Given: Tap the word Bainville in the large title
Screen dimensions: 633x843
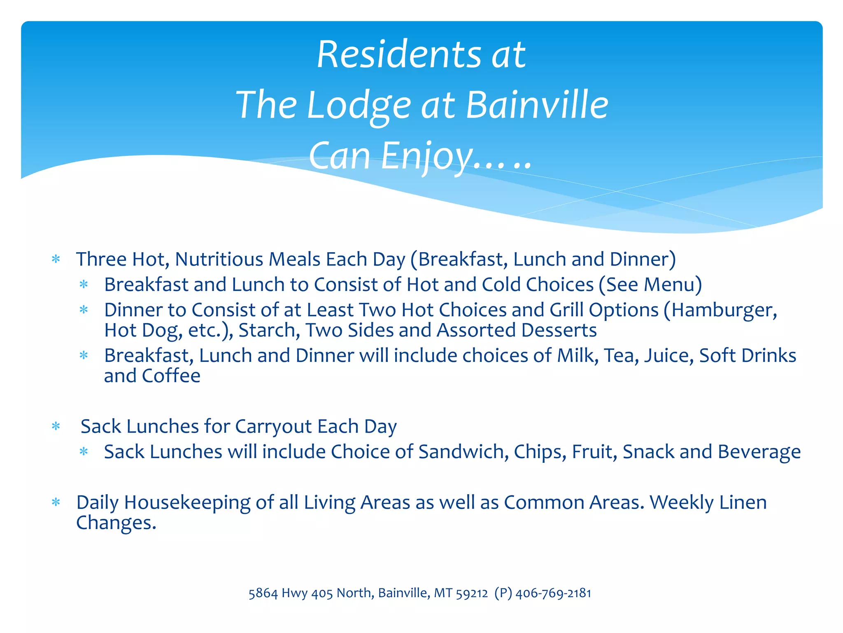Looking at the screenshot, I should [537, 105].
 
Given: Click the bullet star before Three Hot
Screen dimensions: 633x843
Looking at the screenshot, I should [56, 259].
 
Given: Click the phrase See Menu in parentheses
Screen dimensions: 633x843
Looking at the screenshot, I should [650, 285].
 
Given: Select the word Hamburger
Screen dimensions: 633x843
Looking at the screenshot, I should [724, 310].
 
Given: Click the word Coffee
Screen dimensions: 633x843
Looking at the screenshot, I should [171, 376].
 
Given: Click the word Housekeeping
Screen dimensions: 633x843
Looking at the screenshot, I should [187, 503].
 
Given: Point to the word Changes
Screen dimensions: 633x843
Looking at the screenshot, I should [116, 523].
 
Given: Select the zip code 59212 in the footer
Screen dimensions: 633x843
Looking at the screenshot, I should [472, 593].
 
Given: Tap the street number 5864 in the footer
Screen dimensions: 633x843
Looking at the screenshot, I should [263, 593].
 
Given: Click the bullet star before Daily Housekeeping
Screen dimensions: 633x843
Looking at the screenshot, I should [56, 502].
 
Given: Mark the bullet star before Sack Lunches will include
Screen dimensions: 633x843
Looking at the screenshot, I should [84, 452].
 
